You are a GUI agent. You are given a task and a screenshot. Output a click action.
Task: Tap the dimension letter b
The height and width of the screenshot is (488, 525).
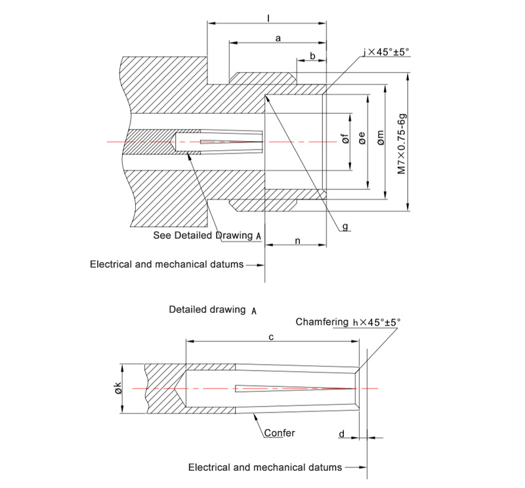[312, 55]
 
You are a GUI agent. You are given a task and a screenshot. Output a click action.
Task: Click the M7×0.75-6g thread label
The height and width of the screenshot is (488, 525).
[402, 144]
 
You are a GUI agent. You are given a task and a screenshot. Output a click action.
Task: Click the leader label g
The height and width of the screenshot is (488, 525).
[345, 227]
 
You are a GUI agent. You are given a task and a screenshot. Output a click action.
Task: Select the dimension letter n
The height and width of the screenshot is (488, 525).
[297, 241]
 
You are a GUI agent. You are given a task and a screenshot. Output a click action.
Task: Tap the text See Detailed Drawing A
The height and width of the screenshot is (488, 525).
[207, 235]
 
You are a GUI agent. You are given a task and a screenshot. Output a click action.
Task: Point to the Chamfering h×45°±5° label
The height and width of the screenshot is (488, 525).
[348, 322]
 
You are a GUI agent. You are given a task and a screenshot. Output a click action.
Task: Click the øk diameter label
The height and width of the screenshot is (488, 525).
[117, 388]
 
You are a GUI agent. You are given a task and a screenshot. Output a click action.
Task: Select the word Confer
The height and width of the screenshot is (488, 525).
[280, 433]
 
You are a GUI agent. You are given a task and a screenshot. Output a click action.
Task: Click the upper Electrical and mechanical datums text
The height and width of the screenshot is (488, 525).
[167, 264]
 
